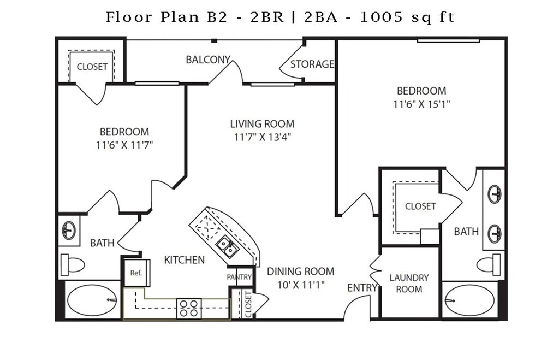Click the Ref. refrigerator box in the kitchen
coord(136,273)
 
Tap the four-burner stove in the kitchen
coord(189,309)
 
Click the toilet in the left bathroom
coord(73,265)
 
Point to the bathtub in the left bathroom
coord(92,300)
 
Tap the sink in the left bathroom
coord(69,230)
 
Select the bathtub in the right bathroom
coord(470,300)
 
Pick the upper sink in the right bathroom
coord(495,194)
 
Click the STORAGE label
coord(312,64)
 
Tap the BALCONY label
coord(208,60)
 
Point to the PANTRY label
coord(239,277)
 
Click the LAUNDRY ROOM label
coord(409,284)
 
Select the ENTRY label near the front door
coord(362,287)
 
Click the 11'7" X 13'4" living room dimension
coord(263,137)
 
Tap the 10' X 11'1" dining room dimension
coord(301,285)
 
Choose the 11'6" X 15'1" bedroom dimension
coord(421,104)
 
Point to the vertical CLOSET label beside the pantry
coord(248,304)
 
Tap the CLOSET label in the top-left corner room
coord(92,67)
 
